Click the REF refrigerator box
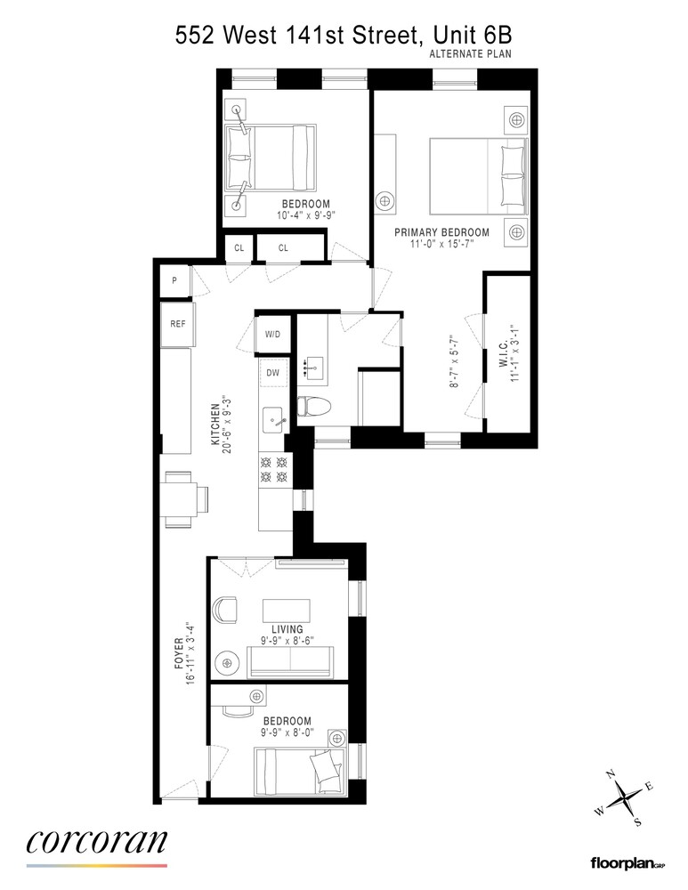(x=178, y=324)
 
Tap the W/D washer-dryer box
(x=271, y=336)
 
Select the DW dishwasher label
(x=271, y=373)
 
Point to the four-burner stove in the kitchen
(x=272, y=470)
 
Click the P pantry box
(x=174, y=282)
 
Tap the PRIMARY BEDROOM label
(x=442, y=232)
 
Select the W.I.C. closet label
(x=503, y=356)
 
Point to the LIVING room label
(x=288, y=629)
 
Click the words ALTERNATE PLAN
(x=470, y=54)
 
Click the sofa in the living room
(x=290, y=662)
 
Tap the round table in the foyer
(x=230, y=663)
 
